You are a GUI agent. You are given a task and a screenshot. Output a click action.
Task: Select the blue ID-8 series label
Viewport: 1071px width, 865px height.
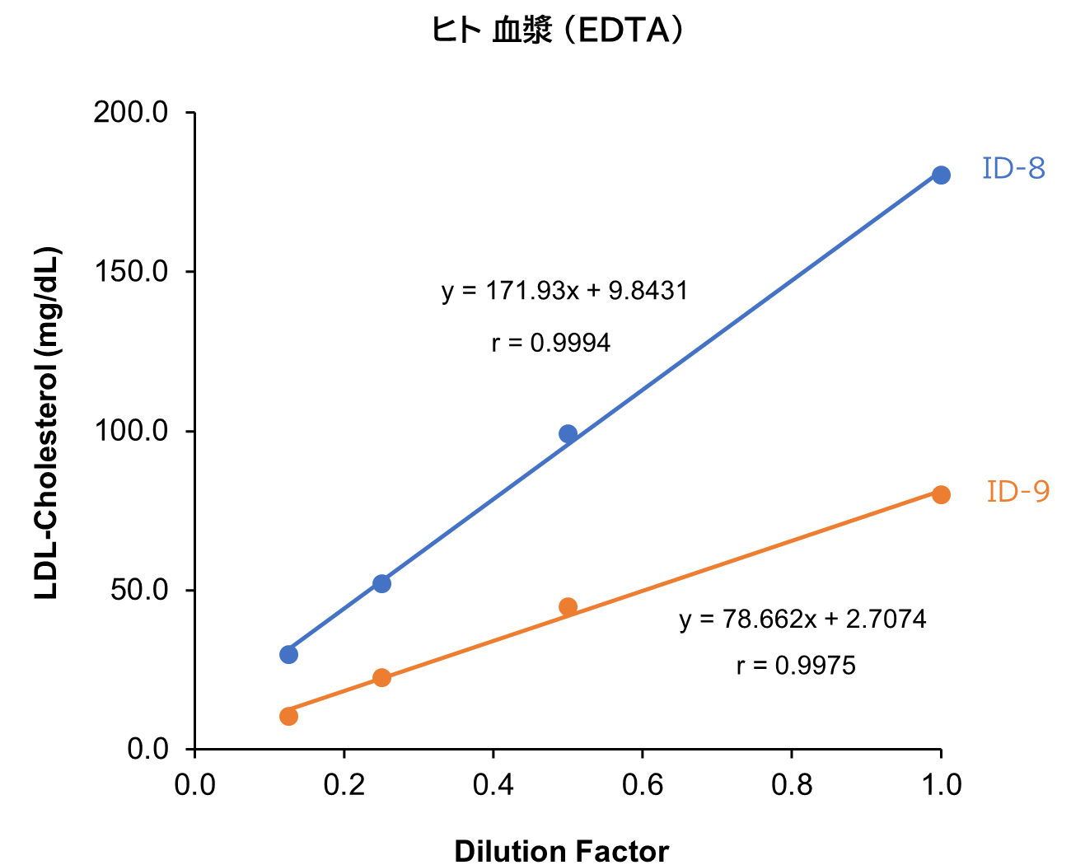coord(1013,169)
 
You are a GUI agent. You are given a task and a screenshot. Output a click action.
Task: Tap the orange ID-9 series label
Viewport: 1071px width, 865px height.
coord(1018,492)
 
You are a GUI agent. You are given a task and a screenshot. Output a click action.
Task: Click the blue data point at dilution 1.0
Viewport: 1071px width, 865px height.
coord(941,175)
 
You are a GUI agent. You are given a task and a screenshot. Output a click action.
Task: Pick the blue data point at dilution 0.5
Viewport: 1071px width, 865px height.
coord(568,433)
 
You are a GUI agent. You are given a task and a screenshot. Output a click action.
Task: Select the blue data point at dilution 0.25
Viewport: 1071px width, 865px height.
coord(381,583)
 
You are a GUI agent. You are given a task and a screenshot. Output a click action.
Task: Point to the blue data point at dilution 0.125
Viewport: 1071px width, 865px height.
coord(288,654)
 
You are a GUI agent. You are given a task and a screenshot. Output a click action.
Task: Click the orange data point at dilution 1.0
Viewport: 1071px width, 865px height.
coord(941,494)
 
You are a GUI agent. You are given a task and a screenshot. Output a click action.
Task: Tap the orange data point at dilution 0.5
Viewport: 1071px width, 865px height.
coord(568,606)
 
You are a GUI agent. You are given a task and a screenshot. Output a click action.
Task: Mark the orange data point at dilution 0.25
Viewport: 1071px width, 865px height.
coord(381,677)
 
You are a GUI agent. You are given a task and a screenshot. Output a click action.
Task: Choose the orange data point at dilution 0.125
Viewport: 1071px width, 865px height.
coord(288,716)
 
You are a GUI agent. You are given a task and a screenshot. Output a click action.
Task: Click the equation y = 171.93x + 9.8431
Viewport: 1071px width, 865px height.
coord(564,291)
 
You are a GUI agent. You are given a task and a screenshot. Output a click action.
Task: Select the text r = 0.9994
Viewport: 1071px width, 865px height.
coord(551,343)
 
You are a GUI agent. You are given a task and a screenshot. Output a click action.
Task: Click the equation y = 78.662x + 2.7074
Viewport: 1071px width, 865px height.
coord(802,619)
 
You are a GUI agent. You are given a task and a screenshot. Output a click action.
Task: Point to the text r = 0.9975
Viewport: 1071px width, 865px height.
coord(796,666)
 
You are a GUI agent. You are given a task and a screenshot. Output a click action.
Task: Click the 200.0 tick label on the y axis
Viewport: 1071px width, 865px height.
coord(131,112)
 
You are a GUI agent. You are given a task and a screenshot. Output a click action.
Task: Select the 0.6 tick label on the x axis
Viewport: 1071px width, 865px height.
coord(643,785)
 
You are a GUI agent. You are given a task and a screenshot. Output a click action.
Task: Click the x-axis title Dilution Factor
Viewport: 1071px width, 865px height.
coord(561,850)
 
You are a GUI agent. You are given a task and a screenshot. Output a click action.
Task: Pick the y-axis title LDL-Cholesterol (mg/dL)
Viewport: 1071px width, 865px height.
coord(47,423)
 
